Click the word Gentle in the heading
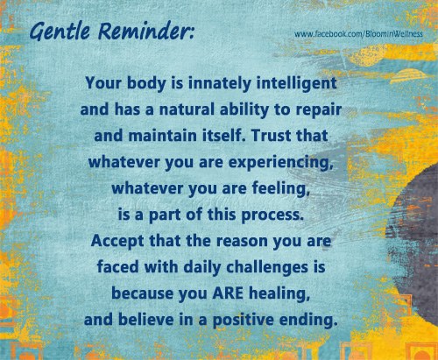point(60,32)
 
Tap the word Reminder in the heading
point(145,32)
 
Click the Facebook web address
point(358,34)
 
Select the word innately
point(220,83)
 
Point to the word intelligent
point(296,83)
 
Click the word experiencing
point(280,163)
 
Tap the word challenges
point(267,268)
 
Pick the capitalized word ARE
point(228,293)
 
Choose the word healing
point(279,294)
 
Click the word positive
point(244,321)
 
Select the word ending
point(307,321)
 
